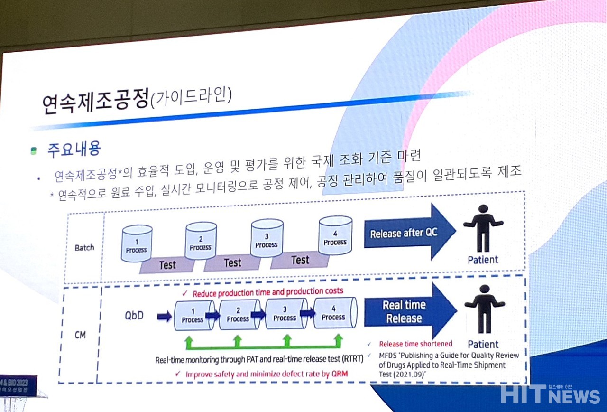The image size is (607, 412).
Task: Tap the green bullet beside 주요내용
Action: (x=33, y=151)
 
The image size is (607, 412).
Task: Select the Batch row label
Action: (x=84, y=247)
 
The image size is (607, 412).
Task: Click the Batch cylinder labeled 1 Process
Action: (x=137, y=243)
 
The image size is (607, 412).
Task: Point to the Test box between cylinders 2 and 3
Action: (x=232, y=263)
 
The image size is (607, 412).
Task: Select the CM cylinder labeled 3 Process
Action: (x=285, y=314)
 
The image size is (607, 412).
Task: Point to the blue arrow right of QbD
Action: (x=164, y=317)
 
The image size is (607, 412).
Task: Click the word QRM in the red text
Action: (x=340, y=374)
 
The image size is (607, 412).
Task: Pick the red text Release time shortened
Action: (x=415, y=344)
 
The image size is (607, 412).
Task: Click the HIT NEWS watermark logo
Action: (x=550, y=394)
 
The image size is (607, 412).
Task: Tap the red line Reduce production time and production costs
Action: (x=267, y=291)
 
